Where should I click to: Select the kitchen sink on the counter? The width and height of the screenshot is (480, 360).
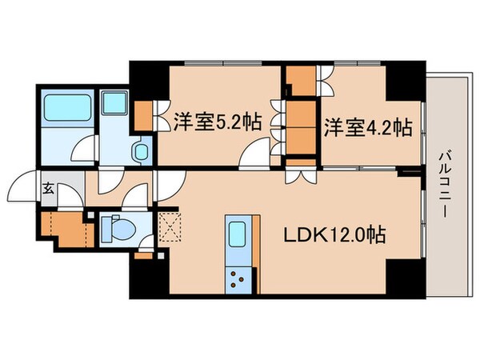click(x=238, y=235)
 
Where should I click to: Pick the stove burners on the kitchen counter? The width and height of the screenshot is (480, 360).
click(x=238, y=279)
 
